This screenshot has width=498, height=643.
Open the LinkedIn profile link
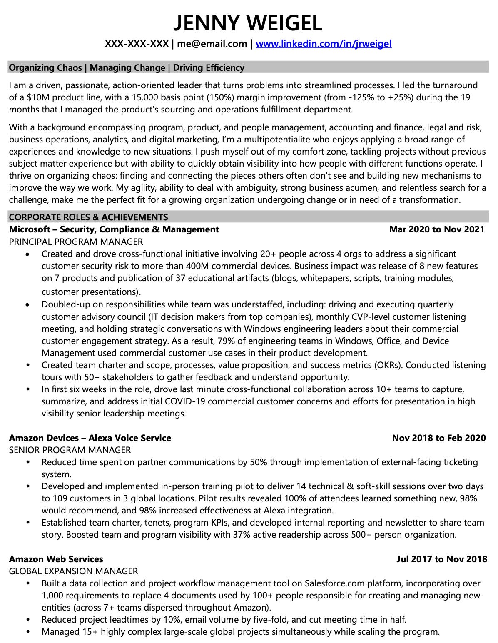[324, 44]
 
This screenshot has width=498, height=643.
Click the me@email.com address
[212, 44]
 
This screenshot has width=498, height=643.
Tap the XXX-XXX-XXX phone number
[137, 44]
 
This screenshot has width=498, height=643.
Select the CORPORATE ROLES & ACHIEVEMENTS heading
[89, 217]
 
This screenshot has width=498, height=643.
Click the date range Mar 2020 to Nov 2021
[437, 229]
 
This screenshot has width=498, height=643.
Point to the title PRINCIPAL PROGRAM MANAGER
[76, 242]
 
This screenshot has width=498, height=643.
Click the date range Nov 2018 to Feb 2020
[438, 438]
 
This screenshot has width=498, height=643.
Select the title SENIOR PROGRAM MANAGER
[70, 450]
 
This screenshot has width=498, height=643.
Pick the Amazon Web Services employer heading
[56, 559]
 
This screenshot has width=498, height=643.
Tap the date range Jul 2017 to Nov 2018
[441, 559]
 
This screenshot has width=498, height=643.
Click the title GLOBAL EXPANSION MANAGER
[73, 571]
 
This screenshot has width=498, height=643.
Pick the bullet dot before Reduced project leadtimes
[28, 620]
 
